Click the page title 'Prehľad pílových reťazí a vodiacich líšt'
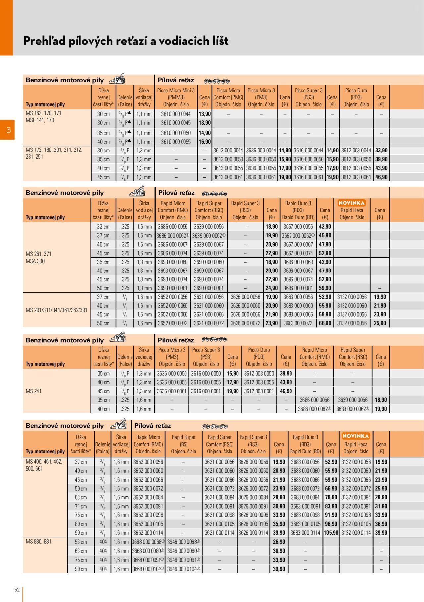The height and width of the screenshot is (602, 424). coord(126,41)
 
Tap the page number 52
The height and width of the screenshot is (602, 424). coord(17,590)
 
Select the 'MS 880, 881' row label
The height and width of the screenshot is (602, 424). coord(38,542)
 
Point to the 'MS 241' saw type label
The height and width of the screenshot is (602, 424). coord(34,391)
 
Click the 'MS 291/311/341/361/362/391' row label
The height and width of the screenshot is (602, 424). coord(57,310)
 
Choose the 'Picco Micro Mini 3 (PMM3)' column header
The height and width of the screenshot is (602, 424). coord(176,97)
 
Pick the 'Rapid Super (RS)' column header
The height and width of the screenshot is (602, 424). coord(184,444)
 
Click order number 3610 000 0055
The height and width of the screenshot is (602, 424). coord(176,142)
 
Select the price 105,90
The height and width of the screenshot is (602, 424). coord(331,533)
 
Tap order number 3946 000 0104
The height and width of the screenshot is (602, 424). coord(183,569)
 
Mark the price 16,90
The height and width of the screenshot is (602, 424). coord(205,142)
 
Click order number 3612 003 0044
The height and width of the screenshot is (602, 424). coord(356,150)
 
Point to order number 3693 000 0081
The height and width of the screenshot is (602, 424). coord(173,288)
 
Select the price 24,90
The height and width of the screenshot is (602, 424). coord(272,288)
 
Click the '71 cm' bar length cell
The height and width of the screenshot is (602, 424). coord(81,506)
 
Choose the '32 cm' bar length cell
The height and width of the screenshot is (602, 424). coord(103,227)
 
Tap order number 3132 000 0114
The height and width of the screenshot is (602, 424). coord(356,533)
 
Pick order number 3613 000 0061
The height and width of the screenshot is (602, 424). coord(228,177)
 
